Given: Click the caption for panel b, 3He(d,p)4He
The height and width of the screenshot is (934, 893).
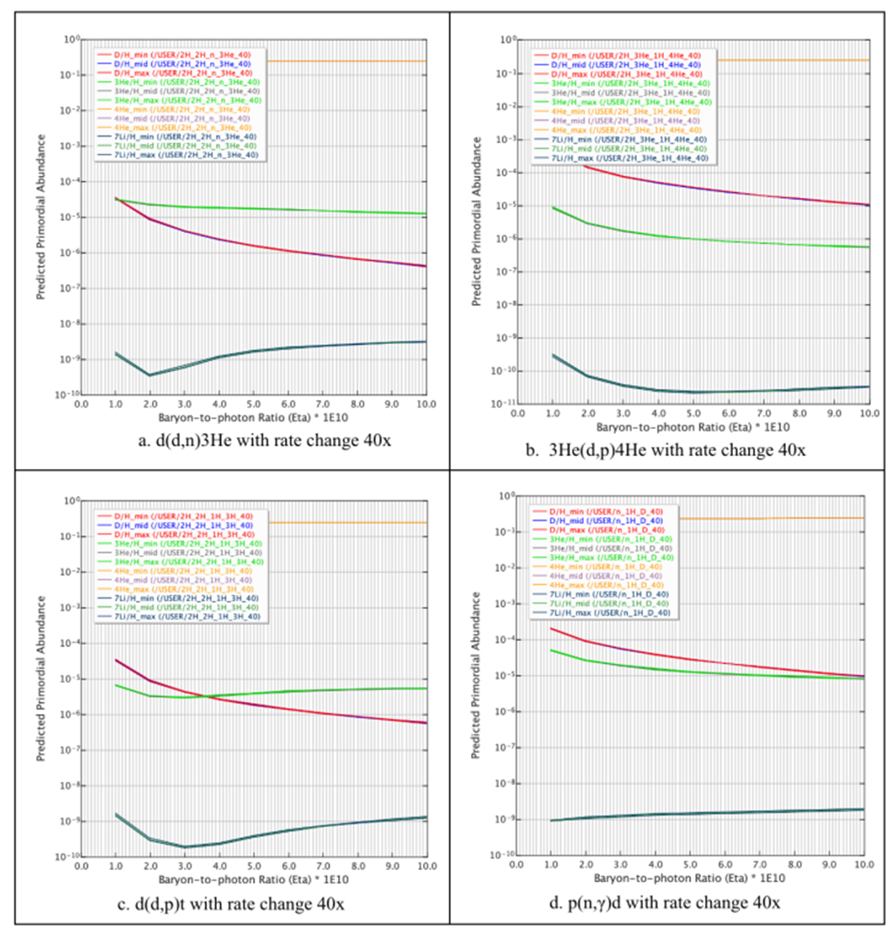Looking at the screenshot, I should tap(666, 450).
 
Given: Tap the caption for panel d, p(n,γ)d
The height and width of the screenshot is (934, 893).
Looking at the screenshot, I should tap(664, 903).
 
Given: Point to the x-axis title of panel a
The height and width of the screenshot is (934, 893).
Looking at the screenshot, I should tap(253, 418).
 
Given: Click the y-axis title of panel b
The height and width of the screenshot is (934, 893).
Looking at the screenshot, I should tap(477, 222).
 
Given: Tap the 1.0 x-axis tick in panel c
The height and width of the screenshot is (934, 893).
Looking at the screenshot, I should tap(116, 866).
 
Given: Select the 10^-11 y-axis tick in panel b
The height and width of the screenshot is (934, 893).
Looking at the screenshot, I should tap(505, 404).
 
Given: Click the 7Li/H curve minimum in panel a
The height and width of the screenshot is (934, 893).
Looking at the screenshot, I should tap(151, 375).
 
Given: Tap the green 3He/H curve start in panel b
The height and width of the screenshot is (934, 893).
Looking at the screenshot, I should tap(553, 207).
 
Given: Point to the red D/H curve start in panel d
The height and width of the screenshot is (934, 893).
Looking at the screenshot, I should tap(551, 628).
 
